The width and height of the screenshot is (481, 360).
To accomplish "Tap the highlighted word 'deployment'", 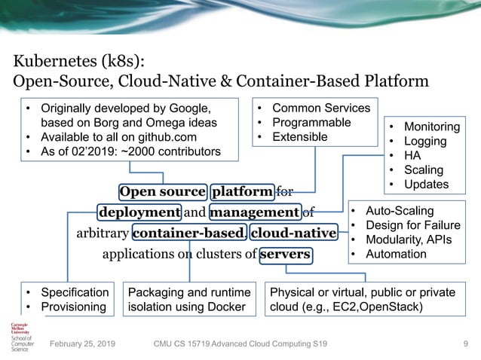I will tap(139, 212).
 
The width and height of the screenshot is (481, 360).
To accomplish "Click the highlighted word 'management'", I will tap(255, 212).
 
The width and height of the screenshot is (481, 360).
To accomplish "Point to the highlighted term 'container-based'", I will tap(188, 233).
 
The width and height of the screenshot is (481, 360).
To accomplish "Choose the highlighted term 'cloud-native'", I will tap(293, 233).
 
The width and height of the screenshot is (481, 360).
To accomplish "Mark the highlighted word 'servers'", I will tap(285, 254).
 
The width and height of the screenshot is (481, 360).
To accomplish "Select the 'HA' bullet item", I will tap(413, 156).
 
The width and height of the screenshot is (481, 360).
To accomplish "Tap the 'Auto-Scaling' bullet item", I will tap(400, 212).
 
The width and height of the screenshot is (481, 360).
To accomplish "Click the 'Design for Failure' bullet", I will tap(411, 226).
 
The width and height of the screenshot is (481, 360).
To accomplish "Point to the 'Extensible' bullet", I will tap(299, 136).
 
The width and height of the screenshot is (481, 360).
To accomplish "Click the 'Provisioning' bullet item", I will tap(72, 307).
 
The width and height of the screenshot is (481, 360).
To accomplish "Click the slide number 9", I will tap(466, 344).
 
